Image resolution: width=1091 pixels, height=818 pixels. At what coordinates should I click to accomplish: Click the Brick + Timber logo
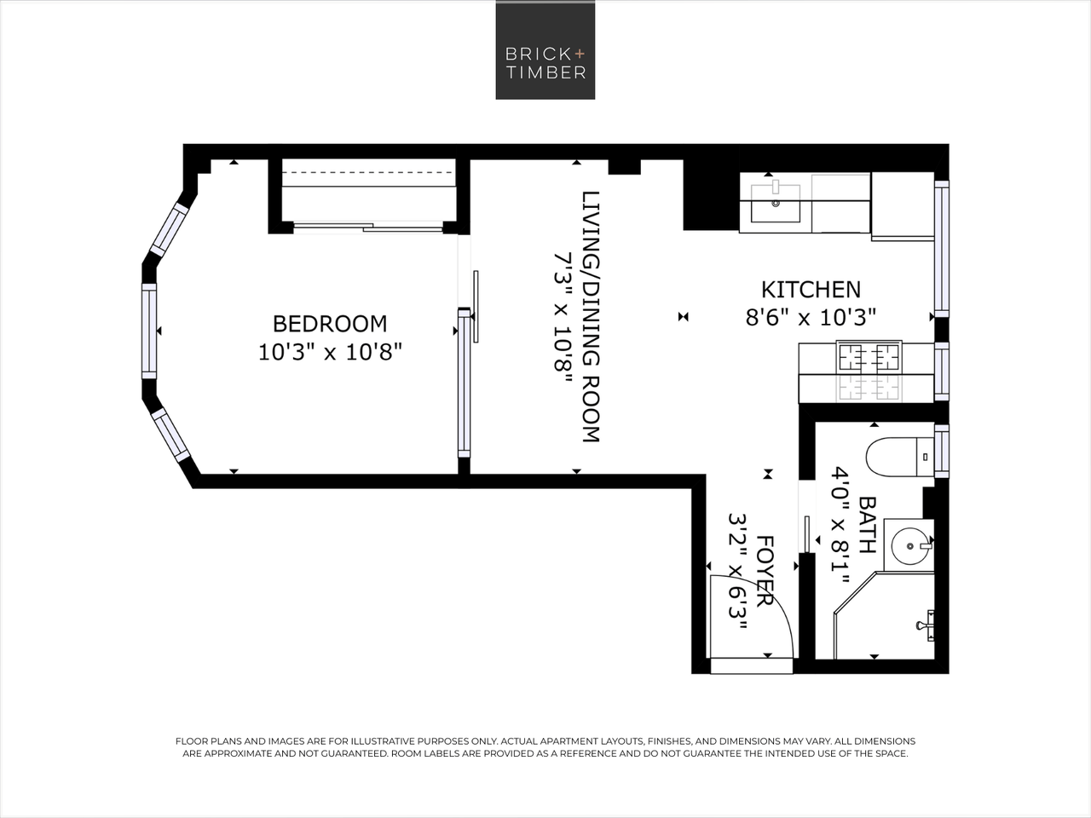click(x=545, y=50)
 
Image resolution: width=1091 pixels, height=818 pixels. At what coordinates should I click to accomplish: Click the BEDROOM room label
click(x=330, y=324)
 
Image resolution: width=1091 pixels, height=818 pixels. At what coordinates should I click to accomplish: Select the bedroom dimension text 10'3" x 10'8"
click(x=330, y=351)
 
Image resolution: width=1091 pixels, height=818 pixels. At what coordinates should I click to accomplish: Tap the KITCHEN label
click(x=811, y=290)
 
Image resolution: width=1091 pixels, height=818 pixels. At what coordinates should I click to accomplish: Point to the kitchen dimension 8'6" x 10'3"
click(x=811, y=318)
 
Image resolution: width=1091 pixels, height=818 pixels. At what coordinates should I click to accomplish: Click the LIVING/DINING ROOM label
click(x=591, y=316)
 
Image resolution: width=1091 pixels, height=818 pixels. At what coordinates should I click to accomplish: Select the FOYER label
click(x=765, y=570)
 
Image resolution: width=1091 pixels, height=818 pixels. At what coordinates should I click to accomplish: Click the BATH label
click(x=867, y=525)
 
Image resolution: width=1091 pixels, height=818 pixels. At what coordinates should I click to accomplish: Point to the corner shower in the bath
click(x=886, y=618)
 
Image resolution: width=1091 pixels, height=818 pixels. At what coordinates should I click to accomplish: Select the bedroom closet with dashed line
click(x=368, y=191)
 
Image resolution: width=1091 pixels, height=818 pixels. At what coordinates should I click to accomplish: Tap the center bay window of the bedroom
click(x=149, y=331)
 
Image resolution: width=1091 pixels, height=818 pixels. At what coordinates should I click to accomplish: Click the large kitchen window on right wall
click(x=941, y=248)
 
